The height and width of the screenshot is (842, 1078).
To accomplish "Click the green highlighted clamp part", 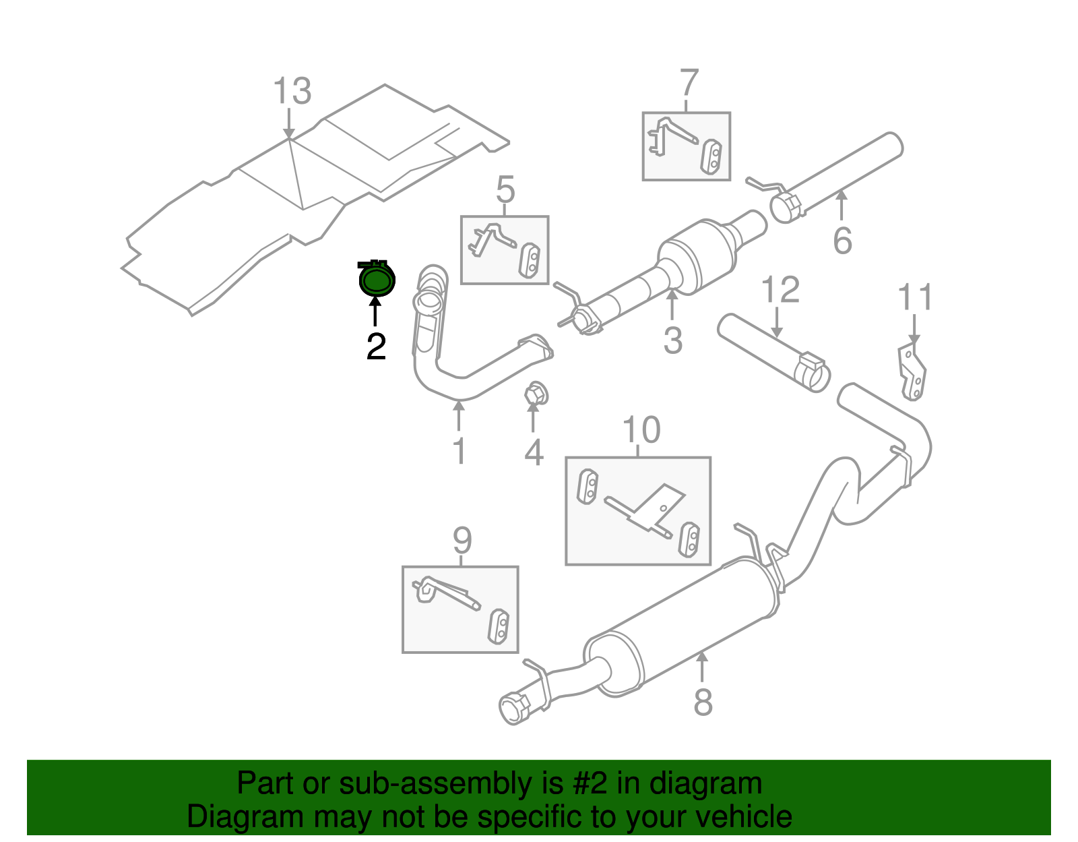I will (376, 280).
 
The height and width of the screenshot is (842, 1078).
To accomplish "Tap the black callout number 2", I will (376, 346).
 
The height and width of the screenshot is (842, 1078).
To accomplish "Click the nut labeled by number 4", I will (535, 393).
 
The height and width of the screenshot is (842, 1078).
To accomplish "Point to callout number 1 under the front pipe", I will (459, 451).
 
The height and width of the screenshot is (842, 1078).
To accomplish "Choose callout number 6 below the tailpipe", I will (842, 241).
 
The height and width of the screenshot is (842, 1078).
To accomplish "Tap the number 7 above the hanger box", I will (689, 83).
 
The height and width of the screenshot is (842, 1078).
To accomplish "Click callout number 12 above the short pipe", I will (780, 290).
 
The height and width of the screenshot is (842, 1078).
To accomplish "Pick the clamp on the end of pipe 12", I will (813, 372).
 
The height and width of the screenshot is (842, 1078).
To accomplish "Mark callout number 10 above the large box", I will (641, 429).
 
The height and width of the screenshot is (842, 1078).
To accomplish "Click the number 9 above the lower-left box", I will (462, 539).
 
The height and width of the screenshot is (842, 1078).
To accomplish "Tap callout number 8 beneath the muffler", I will (702, 702).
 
